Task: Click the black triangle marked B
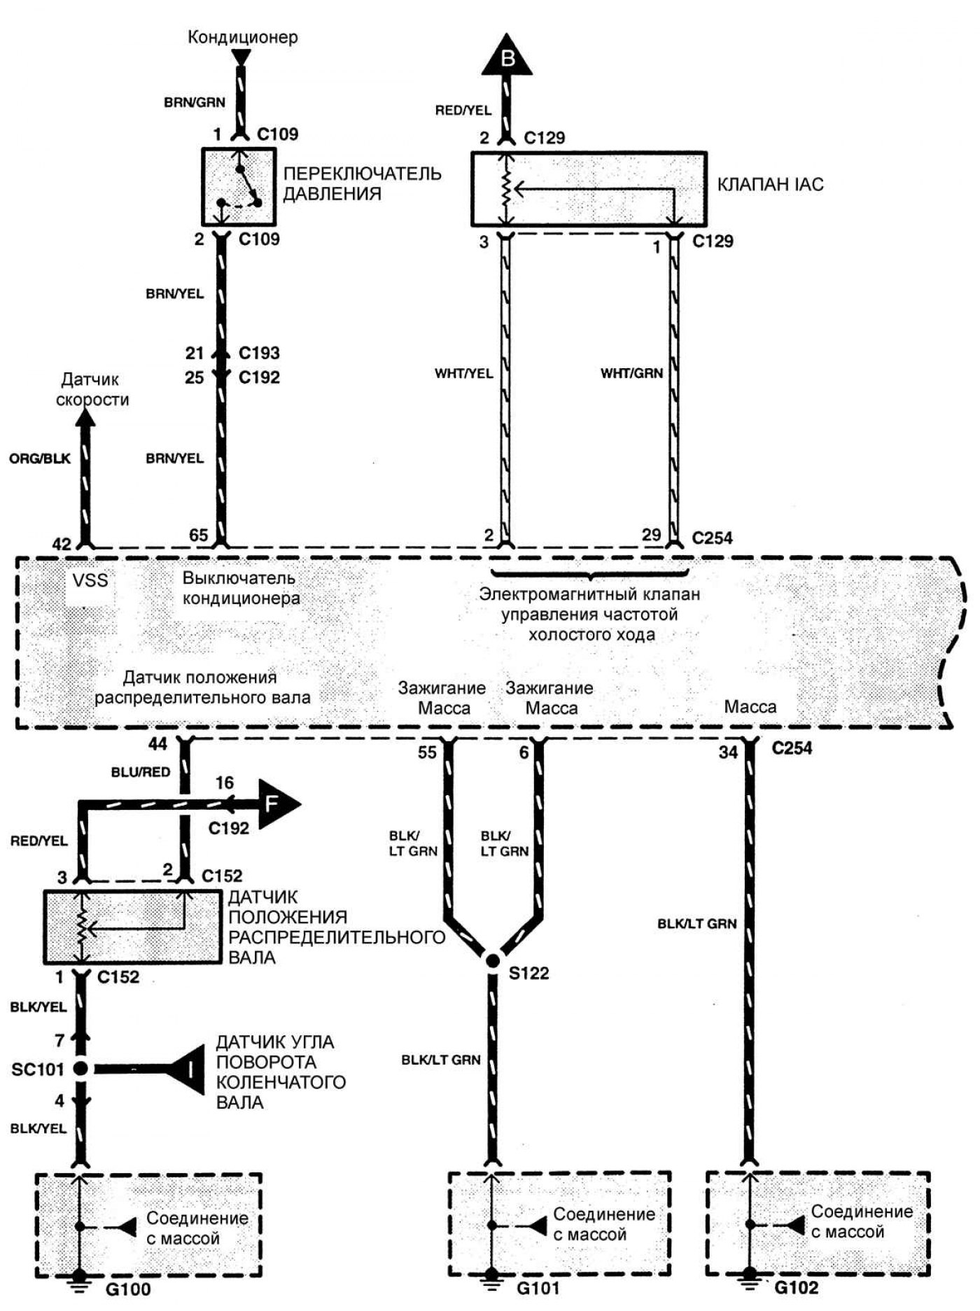(507, 57)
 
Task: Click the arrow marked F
(278, 804)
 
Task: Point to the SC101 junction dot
(80, 1069)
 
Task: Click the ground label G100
(130, 1288)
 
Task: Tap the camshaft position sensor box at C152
(128, 926)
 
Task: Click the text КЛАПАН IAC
(770, 185)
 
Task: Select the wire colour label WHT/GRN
(631, 373)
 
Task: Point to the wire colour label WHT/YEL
(463, 373)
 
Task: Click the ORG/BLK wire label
(40, 459)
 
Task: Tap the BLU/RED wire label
(140, 772)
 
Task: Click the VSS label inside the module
(90, 580)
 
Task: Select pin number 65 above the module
(199, 535)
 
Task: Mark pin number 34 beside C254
(729, 753)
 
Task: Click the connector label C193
(259, 353)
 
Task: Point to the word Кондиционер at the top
(242, 37)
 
